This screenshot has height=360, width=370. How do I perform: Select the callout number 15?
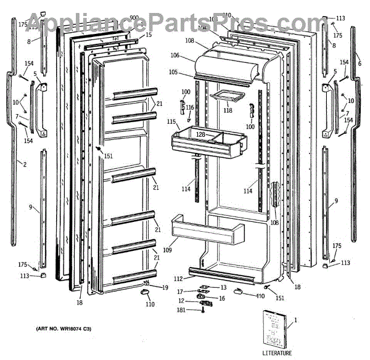[x=149, y=35]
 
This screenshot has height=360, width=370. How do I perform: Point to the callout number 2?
[x=7, y=164]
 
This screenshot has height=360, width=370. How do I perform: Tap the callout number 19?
[x=165, y=287]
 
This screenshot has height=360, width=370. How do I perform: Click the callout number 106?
[x=175, y=56]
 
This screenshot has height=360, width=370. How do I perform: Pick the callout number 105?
[x=173, y=72]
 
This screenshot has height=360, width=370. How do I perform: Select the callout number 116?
[x=190, y=108]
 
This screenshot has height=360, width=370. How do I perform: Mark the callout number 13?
[x=223, y=287]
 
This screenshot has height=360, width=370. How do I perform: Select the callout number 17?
[x=180, y=292]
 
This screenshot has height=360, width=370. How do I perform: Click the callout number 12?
[x=182, y=300]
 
